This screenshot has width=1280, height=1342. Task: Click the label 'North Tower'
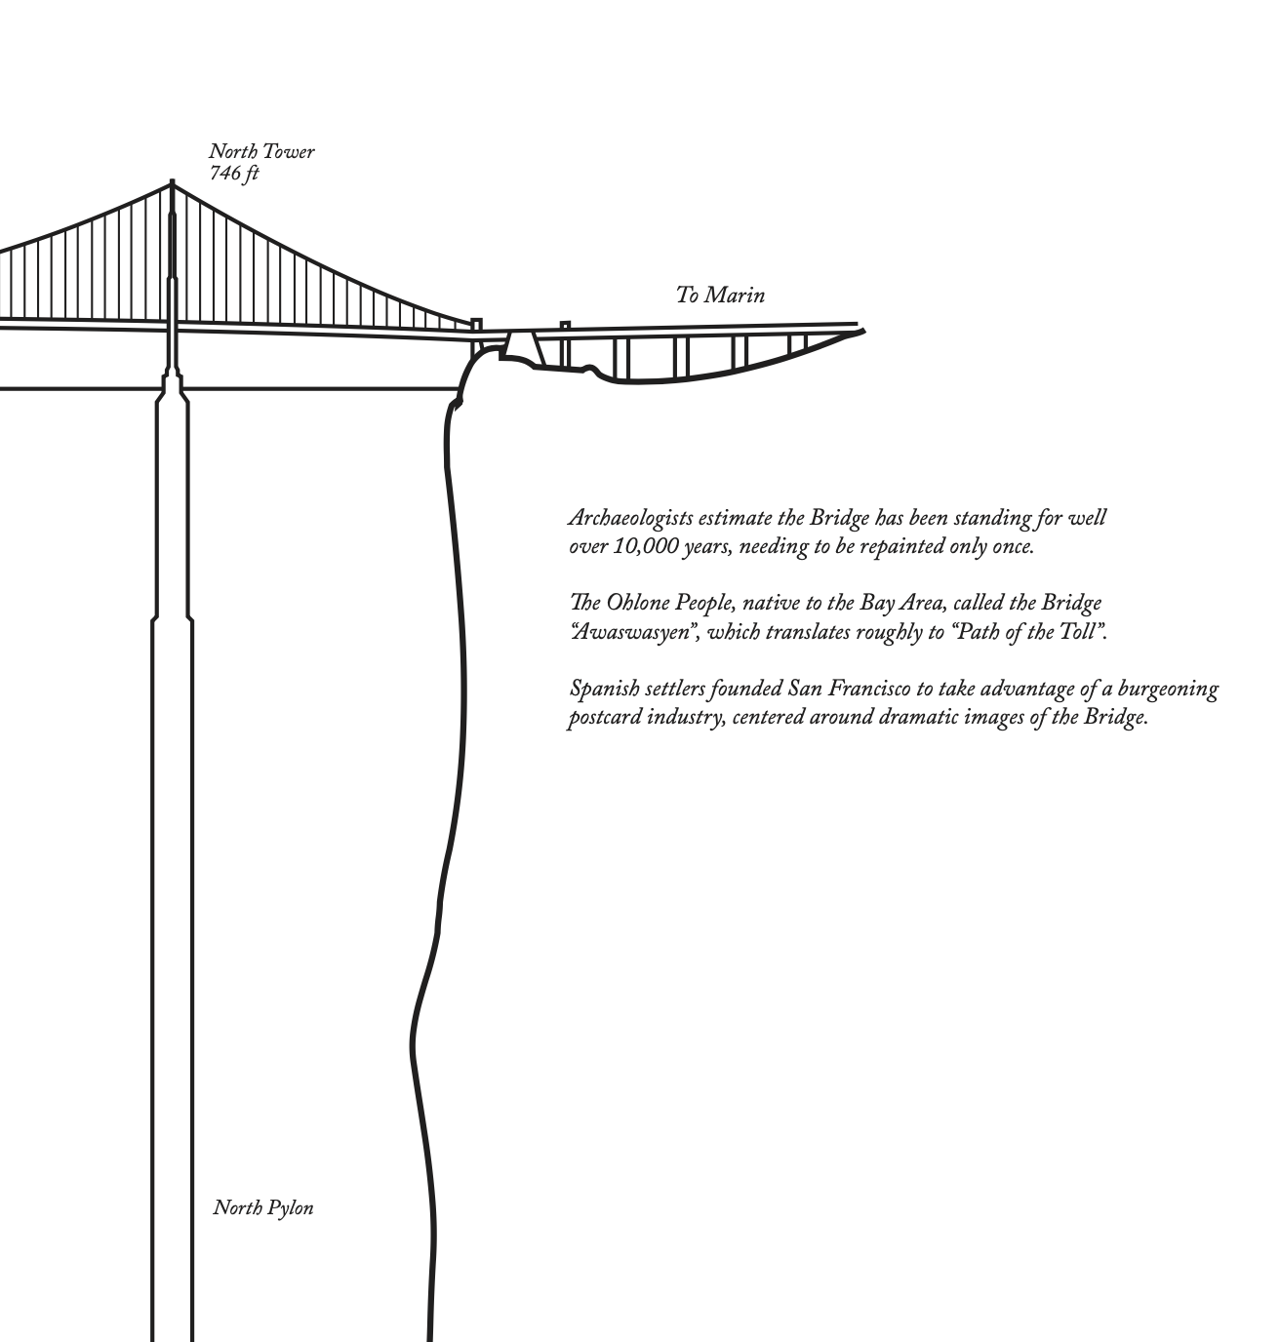tap(261, 152)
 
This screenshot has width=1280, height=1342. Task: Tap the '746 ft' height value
tap(234, 174)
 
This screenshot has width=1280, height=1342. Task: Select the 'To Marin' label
tap(720, 295)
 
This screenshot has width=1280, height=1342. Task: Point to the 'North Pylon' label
tap(263, 1208)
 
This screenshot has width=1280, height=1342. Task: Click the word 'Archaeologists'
tap(630, 518)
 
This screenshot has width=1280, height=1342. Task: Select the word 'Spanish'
tap(604, 690)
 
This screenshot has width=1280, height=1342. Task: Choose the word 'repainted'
tap(903, 546)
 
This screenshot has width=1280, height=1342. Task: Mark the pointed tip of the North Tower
tap(173, 181)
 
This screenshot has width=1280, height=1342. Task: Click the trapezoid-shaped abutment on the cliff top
tap(522, 344)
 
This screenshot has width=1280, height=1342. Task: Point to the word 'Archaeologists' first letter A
tap(576, 518)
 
